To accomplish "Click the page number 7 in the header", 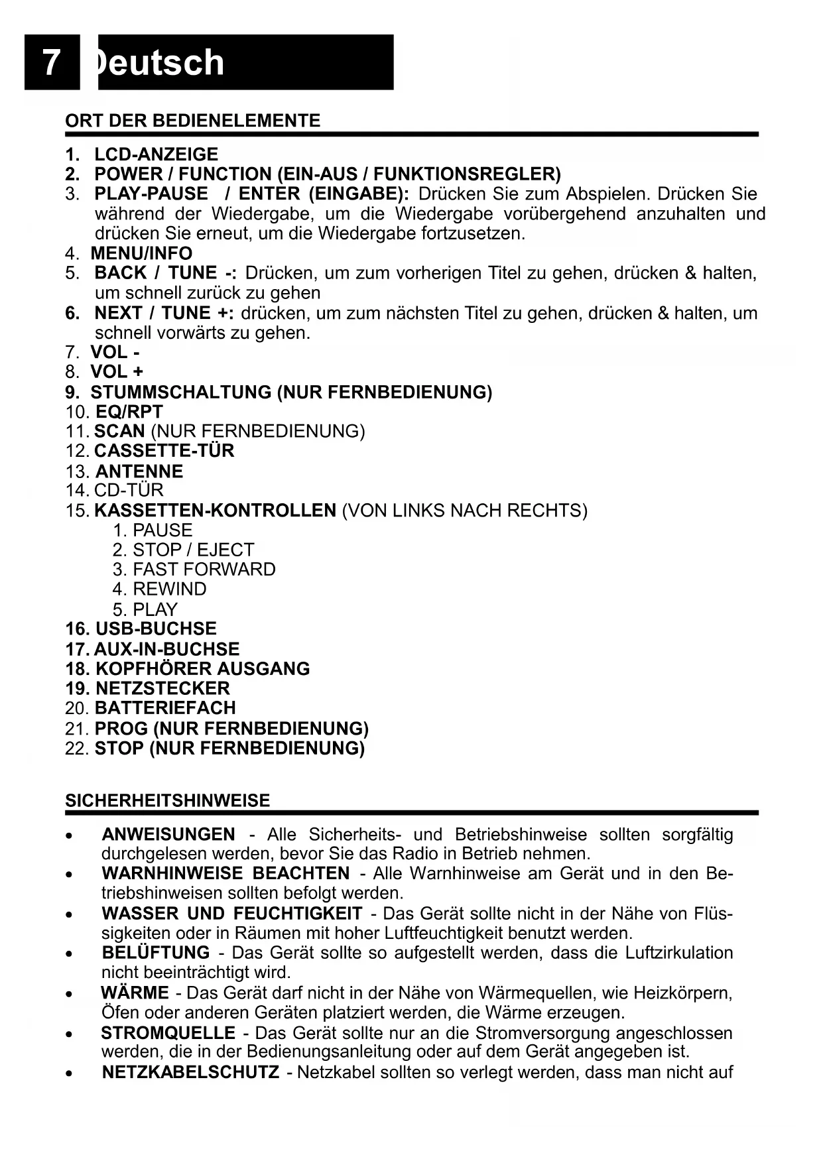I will tap(51, 63).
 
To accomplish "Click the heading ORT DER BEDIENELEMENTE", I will tap(192, 121).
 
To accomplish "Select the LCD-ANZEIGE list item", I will tap(156, 154).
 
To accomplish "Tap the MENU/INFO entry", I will tap(141, 253).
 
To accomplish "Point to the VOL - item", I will tap(115, 352).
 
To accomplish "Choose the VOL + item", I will tap(117, 372).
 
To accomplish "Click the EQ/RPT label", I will tap(129, 412).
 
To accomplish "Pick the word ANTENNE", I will tap(139, 471).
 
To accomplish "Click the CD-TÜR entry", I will tap(129, 491).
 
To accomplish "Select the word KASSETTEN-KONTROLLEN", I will tap(216, 511).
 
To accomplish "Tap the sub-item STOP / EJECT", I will tap(193, 550).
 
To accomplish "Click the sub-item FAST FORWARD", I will tap(204, 570).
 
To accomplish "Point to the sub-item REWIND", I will tap(169, 589).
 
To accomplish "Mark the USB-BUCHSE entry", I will tap(156, 629).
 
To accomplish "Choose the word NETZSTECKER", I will tap(162, 688).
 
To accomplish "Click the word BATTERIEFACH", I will tap(165, 708).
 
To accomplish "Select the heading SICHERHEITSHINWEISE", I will tap(168, 801).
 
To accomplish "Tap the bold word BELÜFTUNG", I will tap(156, 953).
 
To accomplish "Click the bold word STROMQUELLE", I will tap(168, 1033).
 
